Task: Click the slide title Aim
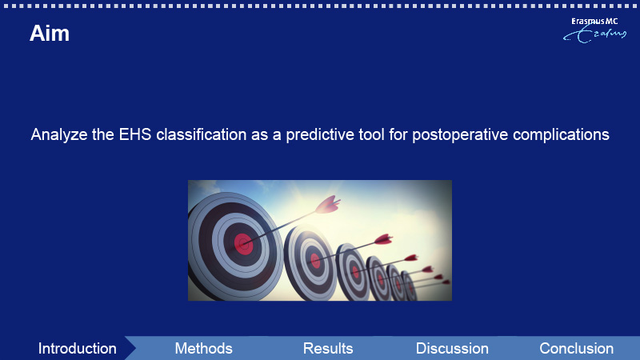pyautogui.click(x=50, y=33)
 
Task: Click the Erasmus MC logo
pyautogui.click(x=594, y=30)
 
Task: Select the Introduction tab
pyautogui.click(x=77, y=349)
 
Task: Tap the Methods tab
pyautogui.click(x=204, y=349)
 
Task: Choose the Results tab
pyautogui.click(x=328, y=349)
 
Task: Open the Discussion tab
pyautogui.click(x=452, y=349)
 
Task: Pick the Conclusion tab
pyautogui.click(x=576, y=349)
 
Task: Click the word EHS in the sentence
pyautogui.click(x=135, y=134)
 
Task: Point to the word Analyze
pyautogui.click(x=59, y=135)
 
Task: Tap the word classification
pyautogui.click(x=202, y=134)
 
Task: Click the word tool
pyautogui.click(x=371, y=134)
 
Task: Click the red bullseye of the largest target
pyautogui.click(x=243, y=244)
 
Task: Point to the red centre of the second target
pyautogui.click(x=315, y=261)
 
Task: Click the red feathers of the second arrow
pyautogui.click(x=384, y=239)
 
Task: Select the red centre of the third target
pyautogui.click(x=355, y=272)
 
